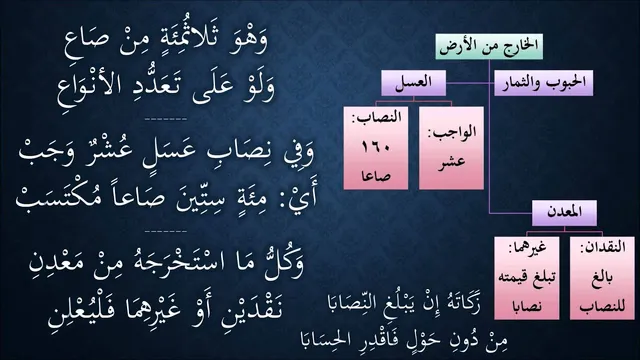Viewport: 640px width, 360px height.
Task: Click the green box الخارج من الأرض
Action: click(x=489, y=47)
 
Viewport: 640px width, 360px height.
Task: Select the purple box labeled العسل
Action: click(x=413, y=83)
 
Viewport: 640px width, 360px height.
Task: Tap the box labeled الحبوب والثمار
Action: click(x=544, y=83)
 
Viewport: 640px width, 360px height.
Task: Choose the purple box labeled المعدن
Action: click(x=564, y=213)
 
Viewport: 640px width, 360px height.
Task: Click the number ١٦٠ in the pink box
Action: click(x=376, y=147)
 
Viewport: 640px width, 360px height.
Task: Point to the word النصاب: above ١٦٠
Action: click(x=376, y=118)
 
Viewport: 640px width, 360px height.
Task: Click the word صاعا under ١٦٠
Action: click(x=376, y=176)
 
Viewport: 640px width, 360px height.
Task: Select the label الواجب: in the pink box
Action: click(x=451, y=132)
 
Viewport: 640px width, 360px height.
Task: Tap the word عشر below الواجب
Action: click(x=451, y=162)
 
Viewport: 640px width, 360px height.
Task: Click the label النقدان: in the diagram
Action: click(x=602, y=247)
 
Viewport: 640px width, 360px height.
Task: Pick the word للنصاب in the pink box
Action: click(x=602, y=306)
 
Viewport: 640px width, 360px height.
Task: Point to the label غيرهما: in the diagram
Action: click(x=527, y=247)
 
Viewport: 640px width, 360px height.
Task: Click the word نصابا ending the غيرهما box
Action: click(x=527, y=306)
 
